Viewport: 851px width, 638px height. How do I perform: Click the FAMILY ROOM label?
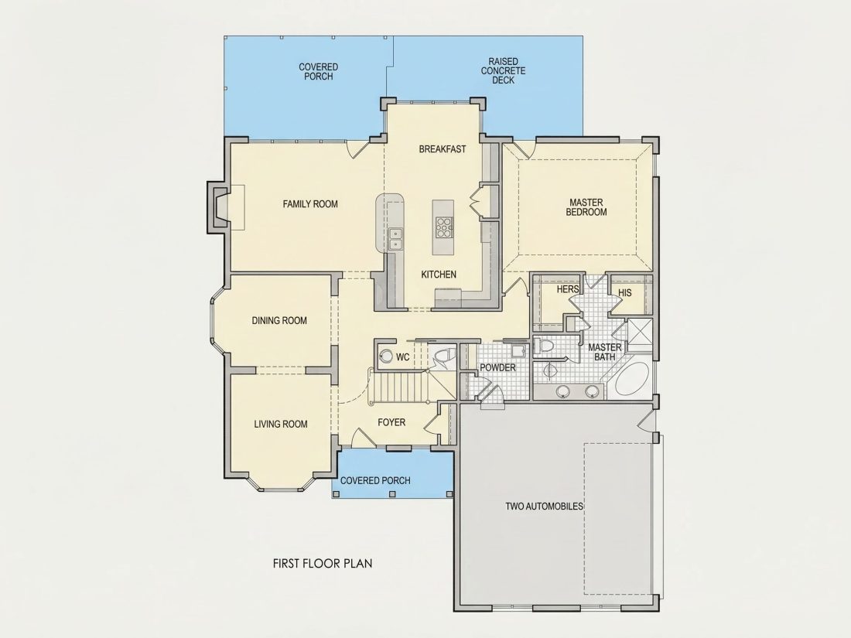[310, 204]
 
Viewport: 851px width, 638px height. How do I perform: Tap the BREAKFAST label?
[443, 148]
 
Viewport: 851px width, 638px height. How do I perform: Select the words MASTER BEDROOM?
[586, 207]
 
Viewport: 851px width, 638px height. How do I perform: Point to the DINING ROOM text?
[279, 321]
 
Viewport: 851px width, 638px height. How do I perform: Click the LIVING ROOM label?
[281, 425]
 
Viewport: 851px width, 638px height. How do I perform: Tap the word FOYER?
[391, 422]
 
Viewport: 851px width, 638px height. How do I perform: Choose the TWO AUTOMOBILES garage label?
[545, 507]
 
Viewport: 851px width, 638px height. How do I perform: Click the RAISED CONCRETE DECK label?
[503, 70]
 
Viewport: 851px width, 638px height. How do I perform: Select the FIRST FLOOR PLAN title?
[323, 563]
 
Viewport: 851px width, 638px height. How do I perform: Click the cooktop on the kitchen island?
[443, 227]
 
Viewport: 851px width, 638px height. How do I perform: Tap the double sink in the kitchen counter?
[395, 239]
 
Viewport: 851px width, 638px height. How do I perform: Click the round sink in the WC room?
[386, 357]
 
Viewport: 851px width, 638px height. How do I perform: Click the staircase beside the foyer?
[399, 388]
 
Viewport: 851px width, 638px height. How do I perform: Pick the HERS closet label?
[568, 289]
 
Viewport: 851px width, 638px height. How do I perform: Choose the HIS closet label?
[624, 292]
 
